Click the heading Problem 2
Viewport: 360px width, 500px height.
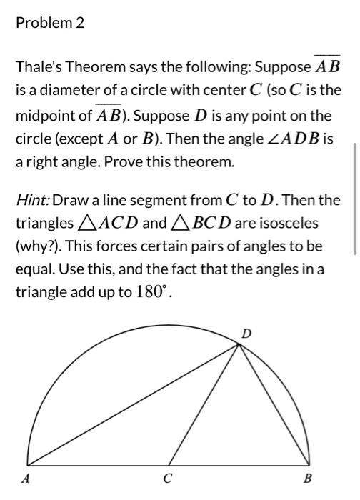point(49,24)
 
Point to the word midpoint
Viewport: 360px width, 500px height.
point(44,115)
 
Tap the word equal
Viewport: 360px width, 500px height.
point(33,270)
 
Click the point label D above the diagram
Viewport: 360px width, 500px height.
point(246,333)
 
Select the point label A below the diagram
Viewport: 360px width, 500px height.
point(26,479)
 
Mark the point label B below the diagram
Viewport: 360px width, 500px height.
point(307,479)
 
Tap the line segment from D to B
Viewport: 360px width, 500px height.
point(275,405)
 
